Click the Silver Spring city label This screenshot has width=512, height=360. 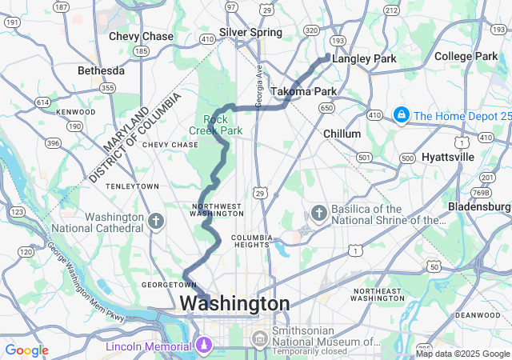(250, 33)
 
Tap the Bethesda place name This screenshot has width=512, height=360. (102, 71)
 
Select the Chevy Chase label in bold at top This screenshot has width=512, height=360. (141, 37)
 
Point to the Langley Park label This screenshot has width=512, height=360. (364, 59)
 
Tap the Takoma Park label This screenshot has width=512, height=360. (303, 91)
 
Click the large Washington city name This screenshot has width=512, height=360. (234, 304)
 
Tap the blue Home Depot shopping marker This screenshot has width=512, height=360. (402, 116)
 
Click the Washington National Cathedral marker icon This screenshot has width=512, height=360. (156, 219)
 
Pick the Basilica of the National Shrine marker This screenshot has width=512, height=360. (319, 213)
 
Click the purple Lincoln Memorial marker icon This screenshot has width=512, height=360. (203, 346)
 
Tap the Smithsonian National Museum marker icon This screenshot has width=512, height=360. (260, 339)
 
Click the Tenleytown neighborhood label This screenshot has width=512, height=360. (133, 186)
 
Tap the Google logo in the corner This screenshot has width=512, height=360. (26, 350)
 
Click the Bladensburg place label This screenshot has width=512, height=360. (479, 206)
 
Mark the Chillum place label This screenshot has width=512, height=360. (343, 134)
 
